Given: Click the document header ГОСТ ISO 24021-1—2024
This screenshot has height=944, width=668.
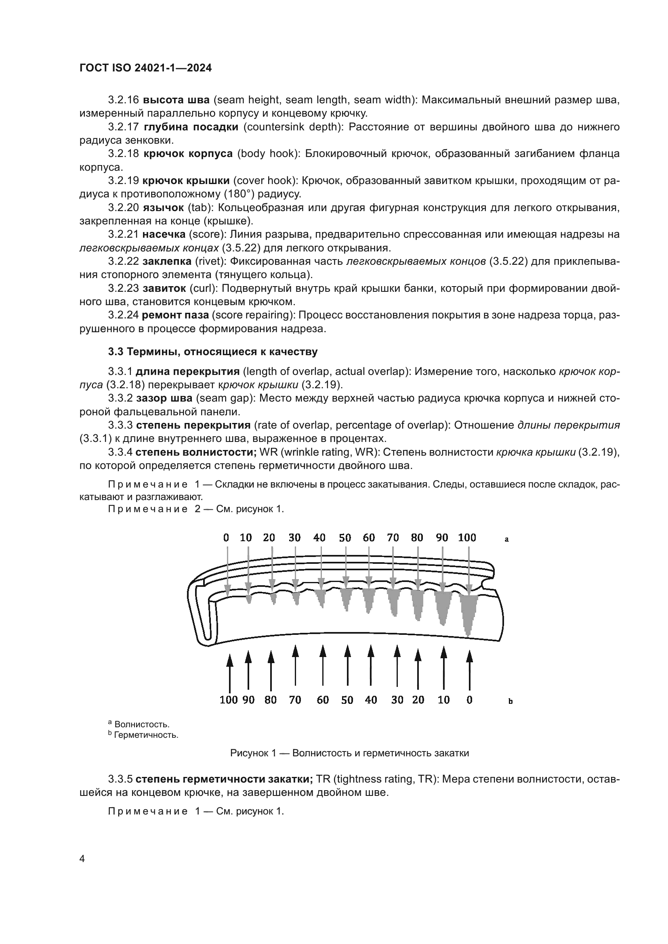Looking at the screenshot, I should (145, 68).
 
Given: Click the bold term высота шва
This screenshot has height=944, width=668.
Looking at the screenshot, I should (176, 100).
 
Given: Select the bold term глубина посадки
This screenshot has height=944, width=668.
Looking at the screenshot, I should (191, 127).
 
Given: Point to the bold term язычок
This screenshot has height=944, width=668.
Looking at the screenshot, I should (163, 207).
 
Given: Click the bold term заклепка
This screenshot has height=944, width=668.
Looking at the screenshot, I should (167, 262).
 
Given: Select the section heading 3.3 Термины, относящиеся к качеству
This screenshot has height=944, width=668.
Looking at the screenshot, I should (213, 352).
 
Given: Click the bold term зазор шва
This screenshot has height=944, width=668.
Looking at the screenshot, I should (164, 398).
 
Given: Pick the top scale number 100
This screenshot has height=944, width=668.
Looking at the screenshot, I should (467, 538).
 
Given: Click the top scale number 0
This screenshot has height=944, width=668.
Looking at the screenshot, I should (226, 538).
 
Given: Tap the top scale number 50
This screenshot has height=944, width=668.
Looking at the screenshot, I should (345, 538).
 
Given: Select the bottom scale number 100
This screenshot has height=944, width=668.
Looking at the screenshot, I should (229, 700).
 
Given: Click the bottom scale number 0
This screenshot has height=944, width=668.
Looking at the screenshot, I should (469, 700).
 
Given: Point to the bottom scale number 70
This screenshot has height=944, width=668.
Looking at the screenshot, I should (295, 700).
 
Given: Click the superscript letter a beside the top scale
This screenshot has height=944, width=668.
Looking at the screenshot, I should (507, 539).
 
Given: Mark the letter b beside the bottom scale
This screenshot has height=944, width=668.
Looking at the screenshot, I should (510, 701).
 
